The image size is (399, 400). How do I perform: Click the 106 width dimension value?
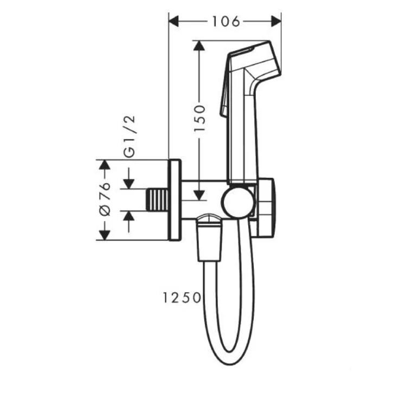[x=225, y=22]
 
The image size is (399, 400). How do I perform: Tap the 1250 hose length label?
[x=181, y=298]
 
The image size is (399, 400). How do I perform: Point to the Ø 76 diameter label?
[x=105, y=199]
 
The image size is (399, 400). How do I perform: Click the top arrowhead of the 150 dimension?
[x=200, y=46]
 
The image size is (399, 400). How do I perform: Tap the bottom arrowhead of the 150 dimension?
[x=200, y=196]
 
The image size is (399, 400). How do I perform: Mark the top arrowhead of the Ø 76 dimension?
[x=104, y=165]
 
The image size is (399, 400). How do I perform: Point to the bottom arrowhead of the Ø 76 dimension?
[x=104, y=234]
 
